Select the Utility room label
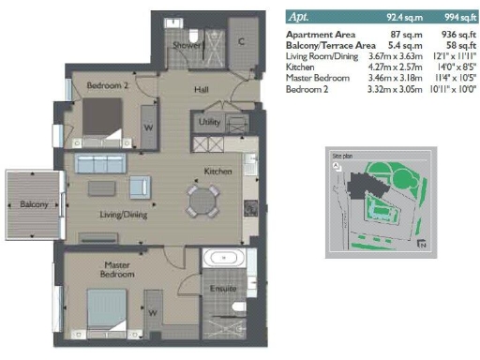209,123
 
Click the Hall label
201,90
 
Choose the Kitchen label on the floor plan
218,172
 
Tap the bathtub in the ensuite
225,259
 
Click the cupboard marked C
241,41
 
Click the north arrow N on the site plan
423,245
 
